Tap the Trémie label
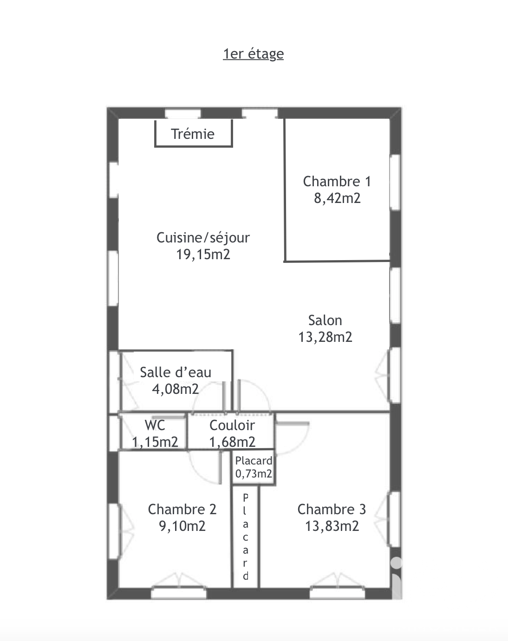[193, 134]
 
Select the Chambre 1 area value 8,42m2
[337, 198]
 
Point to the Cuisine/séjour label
[203, 238]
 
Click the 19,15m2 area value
[203, 255]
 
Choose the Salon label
[325, 320]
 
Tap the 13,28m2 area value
[325, 337]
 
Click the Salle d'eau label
[176, 373]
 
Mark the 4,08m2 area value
[176, 389]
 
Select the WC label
[155, 425]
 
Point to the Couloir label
[232, 425]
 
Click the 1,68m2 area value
[232, 442]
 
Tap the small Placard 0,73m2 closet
[254, 467]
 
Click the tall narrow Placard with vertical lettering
[245, 537]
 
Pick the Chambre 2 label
[182, 510]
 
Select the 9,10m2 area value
[182, 526]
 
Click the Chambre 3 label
[332, 510]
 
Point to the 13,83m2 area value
[332, 526]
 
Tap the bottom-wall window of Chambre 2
[179, 593]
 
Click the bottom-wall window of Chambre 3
[337, 593]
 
